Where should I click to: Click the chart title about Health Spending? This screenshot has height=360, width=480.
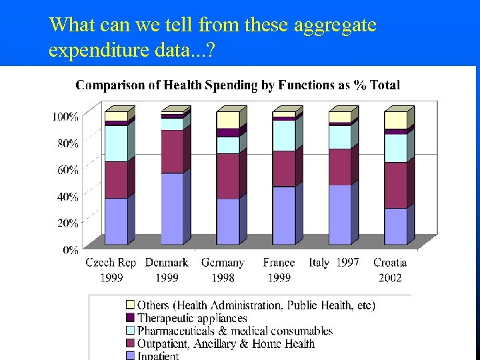click(237, 85)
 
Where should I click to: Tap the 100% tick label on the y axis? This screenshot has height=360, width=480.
click(65, 117)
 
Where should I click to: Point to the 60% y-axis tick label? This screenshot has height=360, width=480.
click(67, 170)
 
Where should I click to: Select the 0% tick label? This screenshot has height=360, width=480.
click(71, 250)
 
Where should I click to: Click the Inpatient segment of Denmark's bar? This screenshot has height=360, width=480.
click(171, 209)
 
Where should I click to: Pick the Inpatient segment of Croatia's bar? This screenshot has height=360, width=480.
click(395, 227)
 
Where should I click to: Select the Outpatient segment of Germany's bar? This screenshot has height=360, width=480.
click(227, 177)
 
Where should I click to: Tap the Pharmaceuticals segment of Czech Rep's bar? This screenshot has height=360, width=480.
click(116, 143)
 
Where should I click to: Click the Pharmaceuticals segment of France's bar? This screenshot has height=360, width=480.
click(283, 135)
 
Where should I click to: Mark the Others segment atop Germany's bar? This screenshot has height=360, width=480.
click(227, 120)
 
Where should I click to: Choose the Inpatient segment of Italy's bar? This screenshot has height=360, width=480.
click(339, 215)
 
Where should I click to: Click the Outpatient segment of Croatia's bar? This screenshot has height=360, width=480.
click(395, 185)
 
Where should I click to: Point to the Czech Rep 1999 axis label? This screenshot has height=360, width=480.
click(111, 270)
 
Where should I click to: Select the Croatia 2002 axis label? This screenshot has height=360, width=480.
click(390, 270)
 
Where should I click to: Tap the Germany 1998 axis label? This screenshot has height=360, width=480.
click(223, 270)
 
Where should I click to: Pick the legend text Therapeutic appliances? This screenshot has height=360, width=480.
click(192, 319)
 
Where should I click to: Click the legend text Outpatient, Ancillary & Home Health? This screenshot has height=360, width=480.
click(226, 344)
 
